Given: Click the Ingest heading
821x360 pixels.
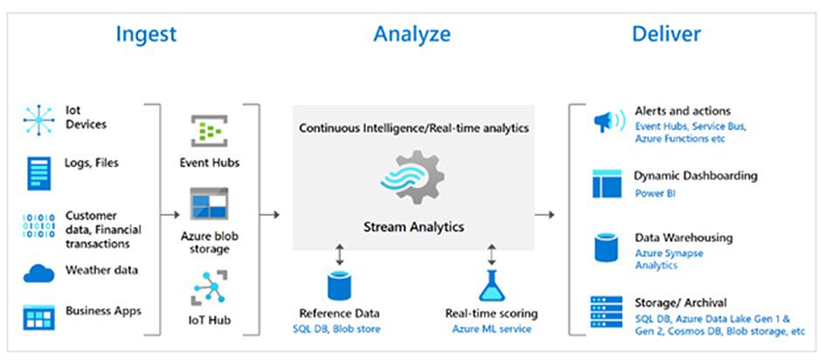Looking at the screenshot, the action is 146,35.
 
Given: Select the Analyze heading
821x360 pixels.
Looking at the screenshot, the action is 411,35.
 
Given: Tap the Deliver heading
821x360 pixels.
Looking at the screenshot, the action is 666,34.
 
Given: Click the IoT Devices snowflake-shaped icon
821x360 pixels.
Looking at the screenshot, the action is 38,121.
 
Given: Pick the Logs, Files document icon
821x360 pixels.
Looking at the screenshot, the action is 38,174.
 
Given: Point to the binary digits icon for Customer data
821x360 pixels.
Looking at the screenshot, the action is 38,225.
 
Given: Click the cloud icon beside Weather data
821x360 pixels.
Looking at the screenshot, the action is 38,273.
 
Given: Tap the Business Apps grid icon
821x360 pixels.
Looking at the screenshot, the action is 38,317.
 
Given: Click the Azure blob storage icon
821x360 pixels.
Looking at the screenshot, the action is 209,204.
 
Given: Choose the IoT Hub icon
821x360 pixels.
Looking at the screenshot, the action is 209,287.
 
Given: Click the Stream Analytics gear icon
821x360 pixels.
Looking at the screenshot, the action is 412,177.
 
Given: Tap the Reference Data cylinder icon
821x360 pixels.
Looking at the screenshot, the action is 339,286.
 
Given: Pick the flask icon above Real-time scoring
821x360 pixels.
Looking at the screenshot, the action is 491,286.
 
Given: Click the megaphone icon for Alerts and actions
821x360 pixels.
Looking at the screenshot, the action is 609,122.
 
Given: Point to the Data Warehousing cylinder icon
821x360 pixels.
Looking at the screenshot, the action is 607,248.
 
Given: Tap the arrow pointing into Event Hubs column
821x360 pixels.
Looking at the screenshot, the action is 169,214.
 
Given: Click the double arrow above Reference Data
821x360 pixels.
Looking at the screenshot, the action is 339,254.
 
